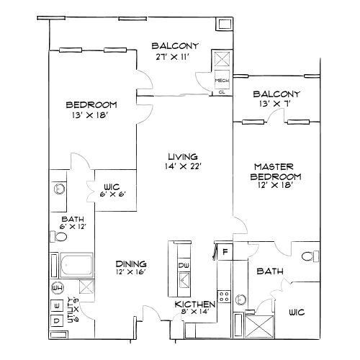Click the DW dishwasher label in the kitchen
pos(183,266)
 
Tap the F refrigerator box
pos(225,252)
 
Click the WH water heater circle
pos(57,288)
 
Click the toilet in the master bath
pos(309,256)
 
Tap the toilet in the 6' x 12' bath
pos(61,236)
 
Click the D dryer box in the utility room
pos(56,320)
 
